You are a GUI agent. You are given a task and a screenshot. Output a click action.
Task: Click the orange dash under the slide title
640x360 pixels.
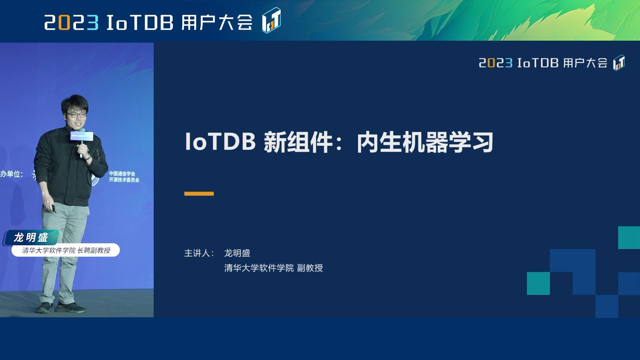tap(199, 194)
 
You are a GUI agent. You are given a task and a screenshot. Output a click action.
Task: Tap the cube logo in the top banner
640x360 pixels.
tap(271, 21)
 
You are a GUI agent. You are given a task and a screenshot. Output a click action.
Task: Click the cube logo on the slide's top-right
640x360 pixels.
tap(619, 63)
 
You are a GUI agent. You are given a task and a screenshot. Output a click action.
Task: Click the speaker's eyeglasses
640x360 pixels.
tap(76, 115)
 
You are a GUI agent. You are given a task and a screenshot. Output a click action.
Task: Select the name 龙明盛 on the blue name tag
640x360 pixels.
tap(31, 238)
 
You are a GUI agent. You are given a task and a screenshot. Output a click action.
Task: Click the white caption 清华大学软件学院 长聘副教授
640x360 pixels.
tap(66, 250)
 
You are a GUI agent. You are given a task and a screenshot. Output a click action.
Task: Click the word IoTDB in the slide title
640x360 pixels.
tap(220, 142)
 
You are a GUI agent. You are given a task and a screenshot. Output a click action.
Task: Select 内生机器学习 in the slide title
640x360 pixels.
tap(425, 143)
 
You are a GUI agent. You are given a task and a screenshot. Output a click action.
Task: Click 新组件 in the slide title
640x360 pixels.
tap(298, 143)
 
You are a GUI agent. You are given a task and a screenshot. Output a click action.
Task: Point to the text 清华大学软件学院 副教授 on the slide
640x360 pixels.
tap(273, 268)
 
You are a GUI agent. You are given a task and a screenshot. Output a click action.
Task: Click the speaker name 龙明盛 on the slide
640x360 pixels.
tap(237, 253)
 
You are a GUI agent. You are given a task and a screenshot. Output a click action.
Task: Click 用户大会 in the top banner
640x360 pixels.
tap(217, 23)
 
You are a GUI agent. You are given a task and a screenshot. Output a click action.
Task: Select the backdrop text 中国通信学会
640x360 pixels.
tap(122, 174)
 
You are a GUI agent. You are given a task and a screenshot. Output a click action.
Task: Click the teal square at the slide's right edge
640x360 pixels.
tap(629, 237)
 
